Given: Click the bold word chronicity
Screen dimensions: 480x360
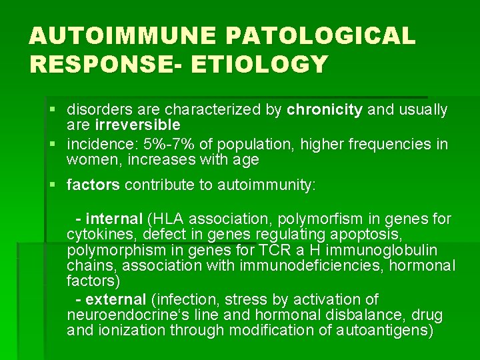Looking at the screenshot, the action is click(325, 110).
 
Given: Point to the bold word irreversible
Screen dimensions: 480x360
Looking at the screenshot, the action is click(137, 125).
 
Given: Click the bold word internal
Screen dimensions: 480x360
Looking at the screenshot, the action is click(114, 219).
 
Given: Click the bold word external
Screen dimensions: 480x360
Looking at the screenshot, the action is click(116, 299).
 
